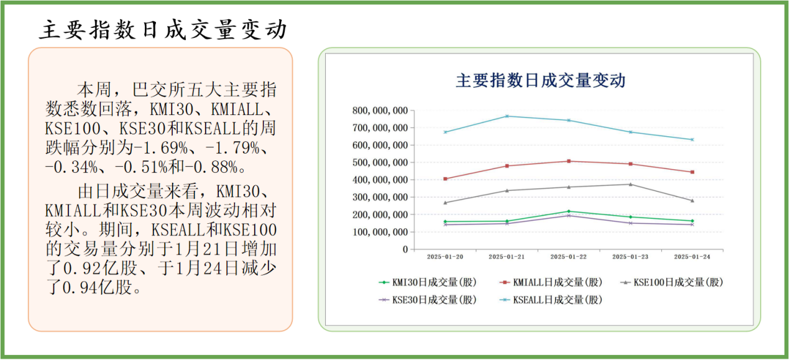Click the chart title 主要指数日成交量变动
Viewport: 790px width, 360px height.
540,81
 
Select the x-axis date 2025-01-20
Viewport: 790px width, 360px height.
445,256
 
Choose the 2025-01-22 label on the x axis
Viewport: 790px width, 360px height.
569,256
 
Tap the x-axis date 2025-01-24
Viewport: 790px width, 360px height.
692,256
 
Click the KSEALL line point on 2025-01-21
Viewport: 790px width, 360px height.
507,116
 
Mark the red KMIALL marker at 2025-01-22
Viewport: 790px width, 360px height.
569,161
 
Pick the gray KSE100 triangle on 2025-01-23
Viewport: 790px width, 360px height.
630,184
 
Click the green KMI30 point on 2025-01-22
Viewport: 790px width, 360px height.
569,211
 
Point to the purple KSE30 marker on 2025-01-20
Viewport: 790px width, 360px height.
445,224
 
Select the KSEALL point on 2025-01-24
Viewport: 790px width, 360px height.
692,139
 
